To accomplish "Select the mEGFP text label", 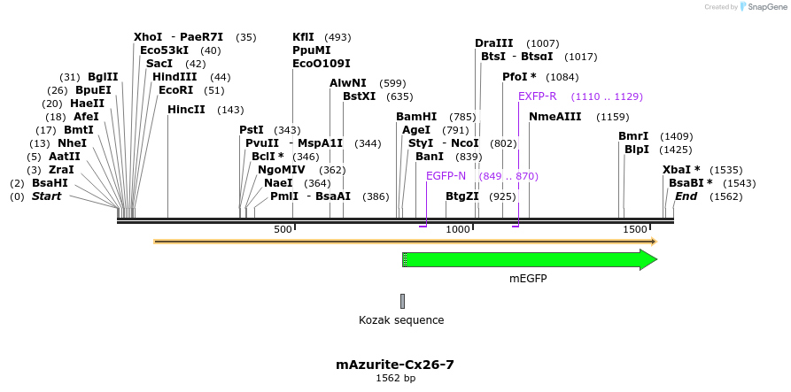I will (x=528, y=279).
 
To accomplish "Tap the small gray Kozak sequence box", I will (x=402, y=301).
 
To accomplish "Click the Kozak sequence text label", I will (x=401, y=320).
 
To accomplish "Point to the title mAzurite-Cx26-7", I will (x=395, y=364).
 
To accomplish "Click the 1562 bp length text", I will (x=395, y=379).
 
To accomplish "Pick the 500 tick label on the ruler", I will (x=283, y=230).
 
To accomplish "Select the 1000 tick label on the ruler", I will (x=458, y=230).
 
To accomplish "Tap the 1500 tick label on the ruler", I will (x=635, y=230).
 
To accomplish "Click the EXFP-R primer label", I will (x=538, y=96).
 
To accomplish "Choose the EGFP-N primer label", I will (x=446, y=176).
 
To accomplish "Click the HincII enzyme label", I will (x=186, y=110).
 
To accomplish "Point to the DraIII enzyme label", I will (x=493, y=43).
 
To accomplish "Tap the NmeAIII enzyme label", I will (x=555, y=117).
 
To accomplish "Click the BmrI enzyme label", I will (x=633, y=136).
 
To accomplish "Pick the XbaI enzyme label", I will (x=681, y=170).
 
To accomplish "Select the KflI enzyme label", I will (x=303, y=37).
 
